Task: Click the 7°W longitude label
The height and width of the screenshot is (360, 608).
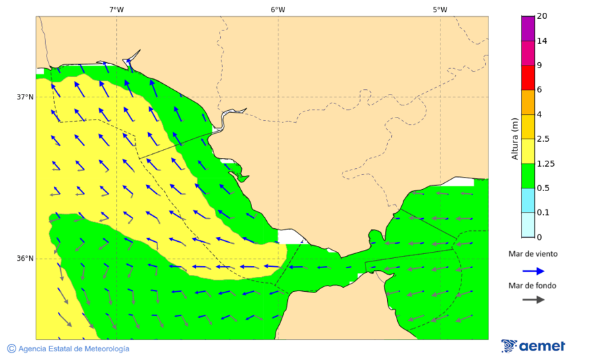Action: tap(116, 9)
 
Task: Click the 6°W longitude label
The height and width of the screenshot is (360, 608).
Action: tap(278, 9)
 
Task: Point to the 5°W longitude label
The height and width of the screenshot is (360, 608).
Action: tap(440, 9)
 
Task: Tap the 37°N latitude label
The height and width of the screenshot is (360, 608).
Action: tap(25, 97)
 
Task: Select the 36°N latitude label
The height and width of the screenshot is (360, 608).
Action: tap(25, 259)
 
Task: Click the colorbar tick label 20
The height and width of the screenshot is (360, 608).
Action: tap(542, 16)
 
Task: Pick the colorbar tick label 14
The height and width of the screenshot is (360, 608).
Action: tap(542, 41)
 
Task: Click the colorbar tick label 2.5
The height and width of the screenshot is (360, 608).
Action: tap(543, 139)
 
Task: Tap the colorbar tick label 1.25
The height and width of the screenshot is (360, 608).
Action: tap(545, 163)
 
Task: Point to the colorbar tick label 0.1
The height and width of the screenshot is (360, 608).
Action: tap(543, 212)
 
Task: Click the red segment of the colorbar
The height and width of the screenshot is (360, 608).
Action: tap(527, 78)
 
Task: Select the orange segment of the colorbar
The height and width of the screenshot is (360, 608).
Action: tap(527, 102)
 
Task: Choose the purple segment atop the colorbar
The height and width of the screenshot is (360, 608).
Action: tap(527, 28)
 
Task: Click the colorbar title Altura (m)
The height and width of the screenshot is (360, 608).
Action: tap(515, 138)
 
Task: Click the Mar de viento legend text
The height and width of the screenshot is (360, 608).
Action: tap(533, 254)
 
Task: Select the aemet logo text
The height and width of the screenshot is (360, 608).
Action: tap(542, 346)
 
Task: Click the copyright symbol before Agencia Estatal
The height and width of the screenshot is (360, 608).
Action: tap(11, 349)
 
